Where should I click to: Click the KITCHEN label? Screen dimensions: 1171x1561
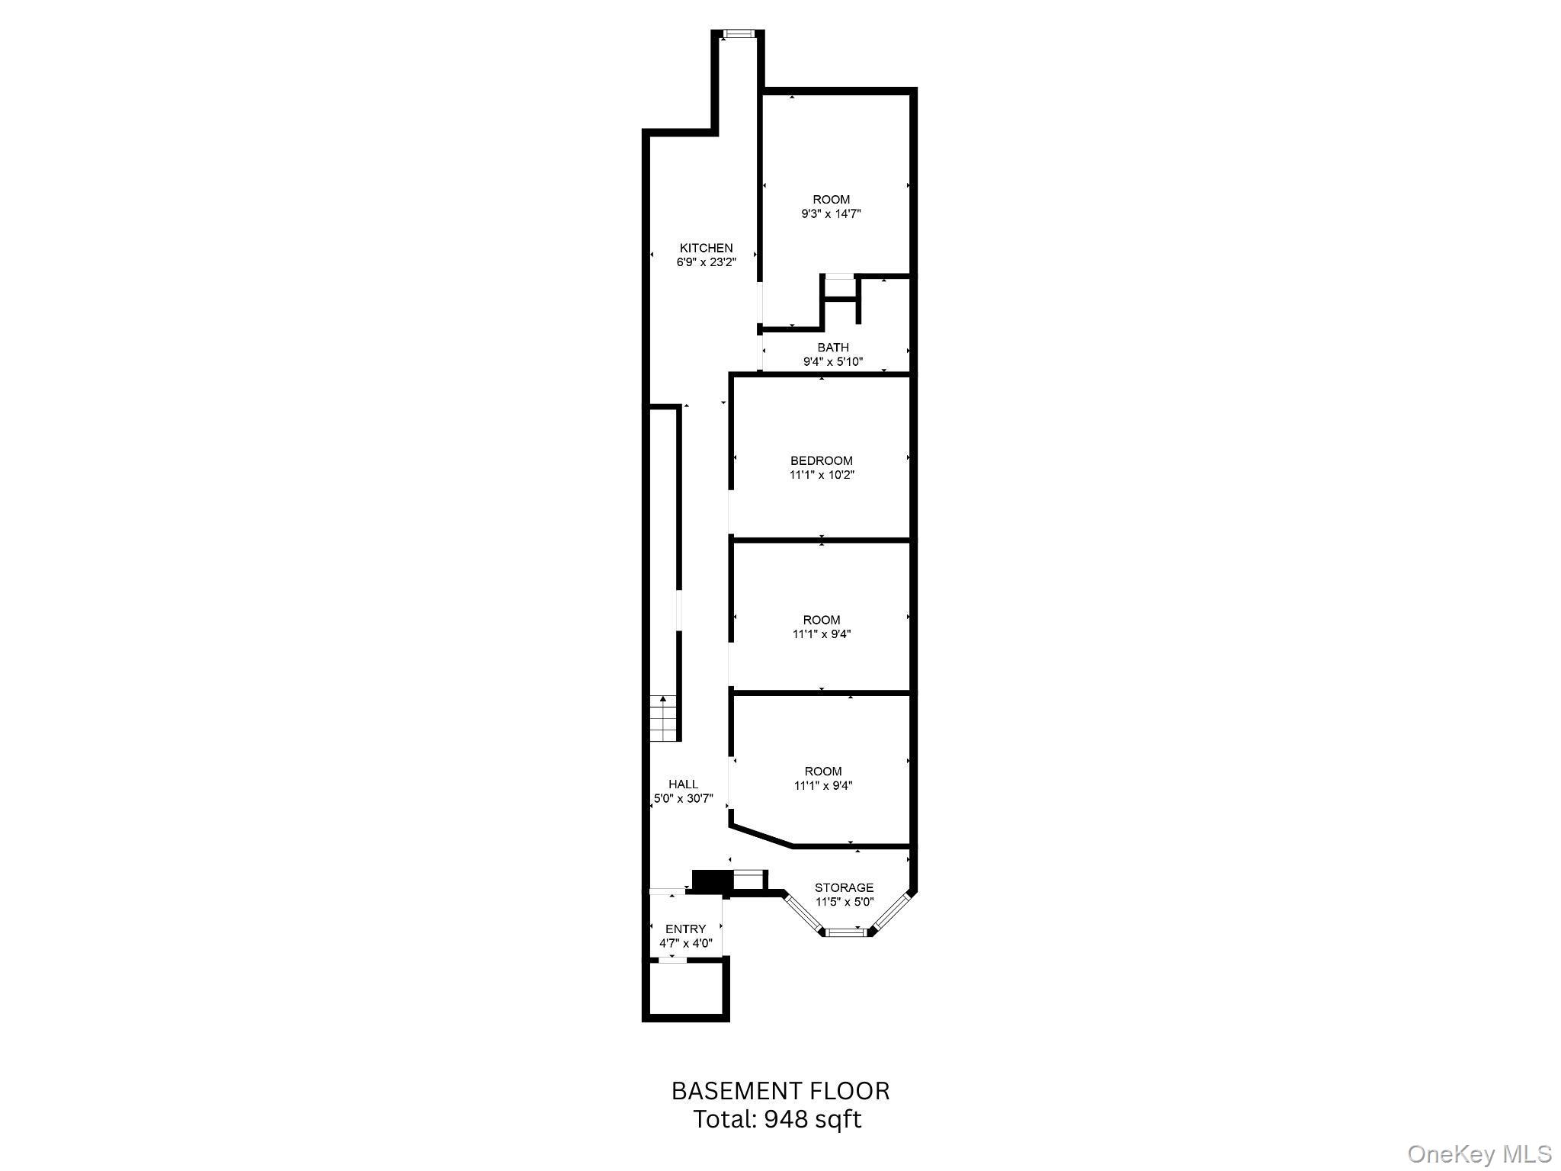tap(706, 248)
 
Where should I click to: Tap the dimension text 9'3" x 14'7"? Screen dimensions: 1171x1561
tap(831, 214)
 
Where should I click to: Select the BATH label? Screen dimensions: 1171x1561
tap(833, 348)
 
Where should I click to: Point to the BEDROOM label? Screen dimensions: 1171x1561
tap(822, 460)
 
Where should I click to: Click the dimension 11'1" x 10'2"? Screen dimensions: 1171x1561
tap(822, 475)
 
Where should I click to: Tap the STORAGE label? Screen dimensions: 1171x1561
tap(844, 887)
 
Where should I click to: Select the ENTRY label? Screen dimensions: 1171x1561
tap(685, 929)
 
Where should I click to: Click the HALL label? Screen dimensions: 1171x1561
tap(683, 784)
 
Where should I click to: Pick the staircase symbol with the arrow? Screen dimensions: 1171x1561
tap(663, 718)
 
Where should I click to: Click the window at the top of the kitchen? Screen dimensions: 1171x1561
tap(737, 34)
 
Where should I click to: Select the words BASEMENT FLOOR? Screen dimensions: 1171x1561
tap(780, 1091)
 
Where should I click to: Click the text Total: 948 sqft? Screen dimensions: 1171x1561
tap(777, 1119)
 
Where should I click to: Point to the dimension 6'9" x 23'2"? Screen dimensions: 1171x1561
tap(706, 262)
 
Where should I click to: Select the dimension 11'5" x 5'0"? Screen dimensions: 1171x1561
tap(844, 902)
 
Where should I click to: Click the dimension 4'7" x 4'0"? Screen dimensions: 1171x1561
tap(685, 943)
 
